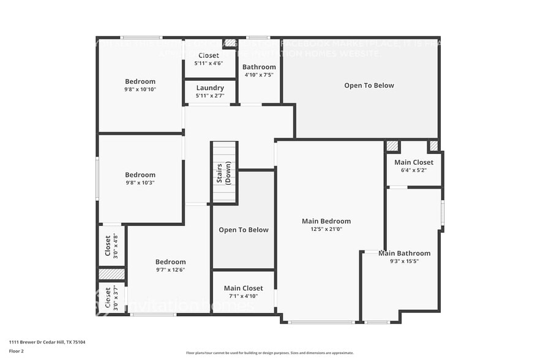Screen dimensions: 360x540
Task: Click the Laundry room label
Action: coord(210,88)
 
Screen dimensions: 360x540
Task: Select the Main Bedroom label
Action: coord(326,221)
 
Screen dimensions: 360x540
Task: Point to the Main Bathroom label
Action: coord(404,253)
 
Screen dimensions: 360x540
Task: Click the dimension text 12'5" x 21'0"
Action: coord(326,229)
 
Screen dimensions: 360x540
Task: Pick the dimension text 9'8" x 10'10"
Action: coord(140,89)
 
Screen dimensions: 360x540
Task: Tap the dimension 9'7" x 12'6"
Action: coord(170,269)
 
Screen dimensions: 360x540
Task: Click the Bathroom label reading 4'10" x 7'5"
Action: coord(259,67)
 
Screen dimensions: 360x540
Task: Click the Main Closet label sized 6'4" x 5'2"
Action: coord(414,162)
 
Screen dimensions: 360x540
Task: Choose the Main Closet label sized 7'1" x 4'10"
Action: coord(243,288)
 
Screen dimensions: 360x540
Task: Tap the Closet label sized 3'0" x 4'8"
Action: coord(108,246)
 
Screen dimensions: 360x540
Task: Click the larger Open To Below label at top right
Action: coord(369,86)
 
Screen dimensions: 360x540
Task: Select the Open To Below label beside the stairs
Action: coord(244,230)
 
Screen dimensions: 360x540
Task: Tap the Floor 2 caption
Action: coord(17,351)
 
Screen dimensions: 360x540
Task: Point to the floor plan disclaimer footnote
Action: coord(269,353)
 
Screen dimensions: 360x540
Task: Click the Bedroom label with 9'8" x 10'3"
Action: coord(140,174)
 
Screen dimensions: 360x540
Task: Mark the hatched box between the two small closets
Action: coord(112,274)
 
